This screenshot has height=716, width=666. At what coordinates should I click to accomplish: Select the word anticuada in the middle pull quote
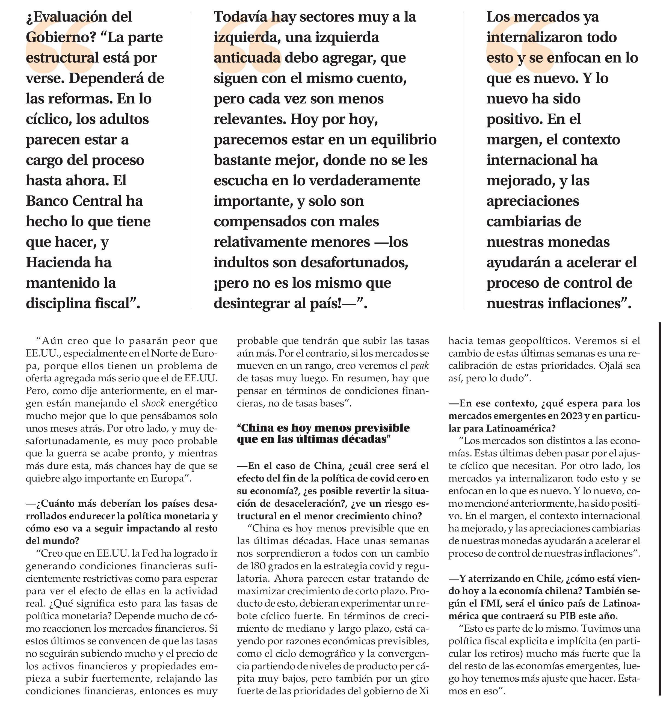click(x=247, y=58)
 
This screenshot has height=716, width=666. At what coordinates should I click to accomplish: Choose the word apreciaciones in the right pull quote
click(x=532, y=201)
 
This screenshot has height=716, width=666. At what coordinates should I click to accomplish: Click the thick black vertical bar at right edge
click(x=659, y=512)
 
